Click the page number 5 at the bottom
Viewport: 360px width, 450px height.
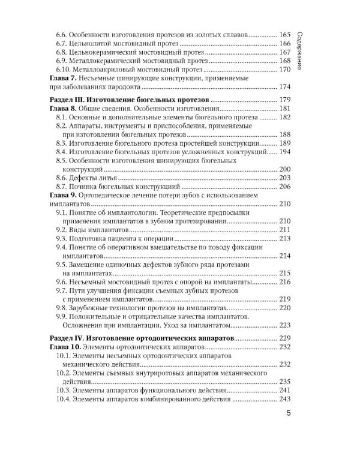pyautogui.click(x=289, y=414)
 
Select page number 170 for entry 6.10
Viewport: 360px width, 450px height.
pyautogui.click(x=285, y=70)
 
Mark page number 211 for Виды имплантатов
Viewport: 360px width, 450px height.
pyautogui.click(x=285, y=230)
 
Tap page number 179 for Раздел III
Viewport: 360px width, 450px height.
pyautogui.click(x=285, y=99)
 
